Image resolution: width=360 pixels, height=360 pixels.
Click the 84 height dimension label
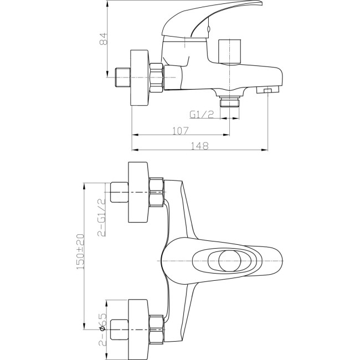pos(104,39)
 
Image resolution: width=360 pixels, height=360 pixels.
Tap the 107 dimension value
pos(180,131)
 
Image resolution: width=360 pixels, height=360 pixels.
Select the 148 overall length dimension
pos(200,146)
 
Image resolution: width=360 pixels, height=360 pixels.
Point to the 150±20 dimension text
pos(80,251)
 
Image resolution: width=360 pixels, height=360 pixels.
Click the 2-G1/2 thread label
pos(102,218)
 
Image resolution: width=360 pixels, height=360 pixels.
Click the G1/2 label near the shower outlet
pos(202,114)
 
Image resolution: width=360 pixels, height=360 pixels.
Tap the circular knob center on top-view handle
pos(230,261)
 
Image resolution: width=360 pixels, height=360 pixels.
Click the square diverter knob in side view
pos(230,52)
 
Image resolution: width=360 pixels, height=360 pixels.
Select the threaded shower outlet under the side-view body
pos(230,101)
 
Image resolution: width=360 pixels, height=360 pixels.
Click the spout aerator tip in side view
pos(268,90)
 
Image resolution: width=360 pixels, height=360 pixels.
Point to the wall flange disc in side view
pos(140,78)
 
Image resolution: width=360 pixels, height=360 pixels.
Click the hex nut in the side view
pos(157,78)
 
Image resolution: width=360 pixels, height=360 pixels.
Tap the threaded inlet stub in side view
pos(122,78)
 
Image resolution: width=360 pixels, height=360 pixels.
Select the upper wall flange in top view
pos(138,192)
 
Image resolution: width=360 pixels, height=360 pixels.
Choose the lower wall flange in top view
pos(138,330)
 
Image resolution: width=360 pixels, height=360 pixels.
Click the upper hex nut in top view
pos(157,192)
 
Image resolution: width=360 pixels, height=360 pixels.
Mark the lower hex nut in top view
pos(157,330)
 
